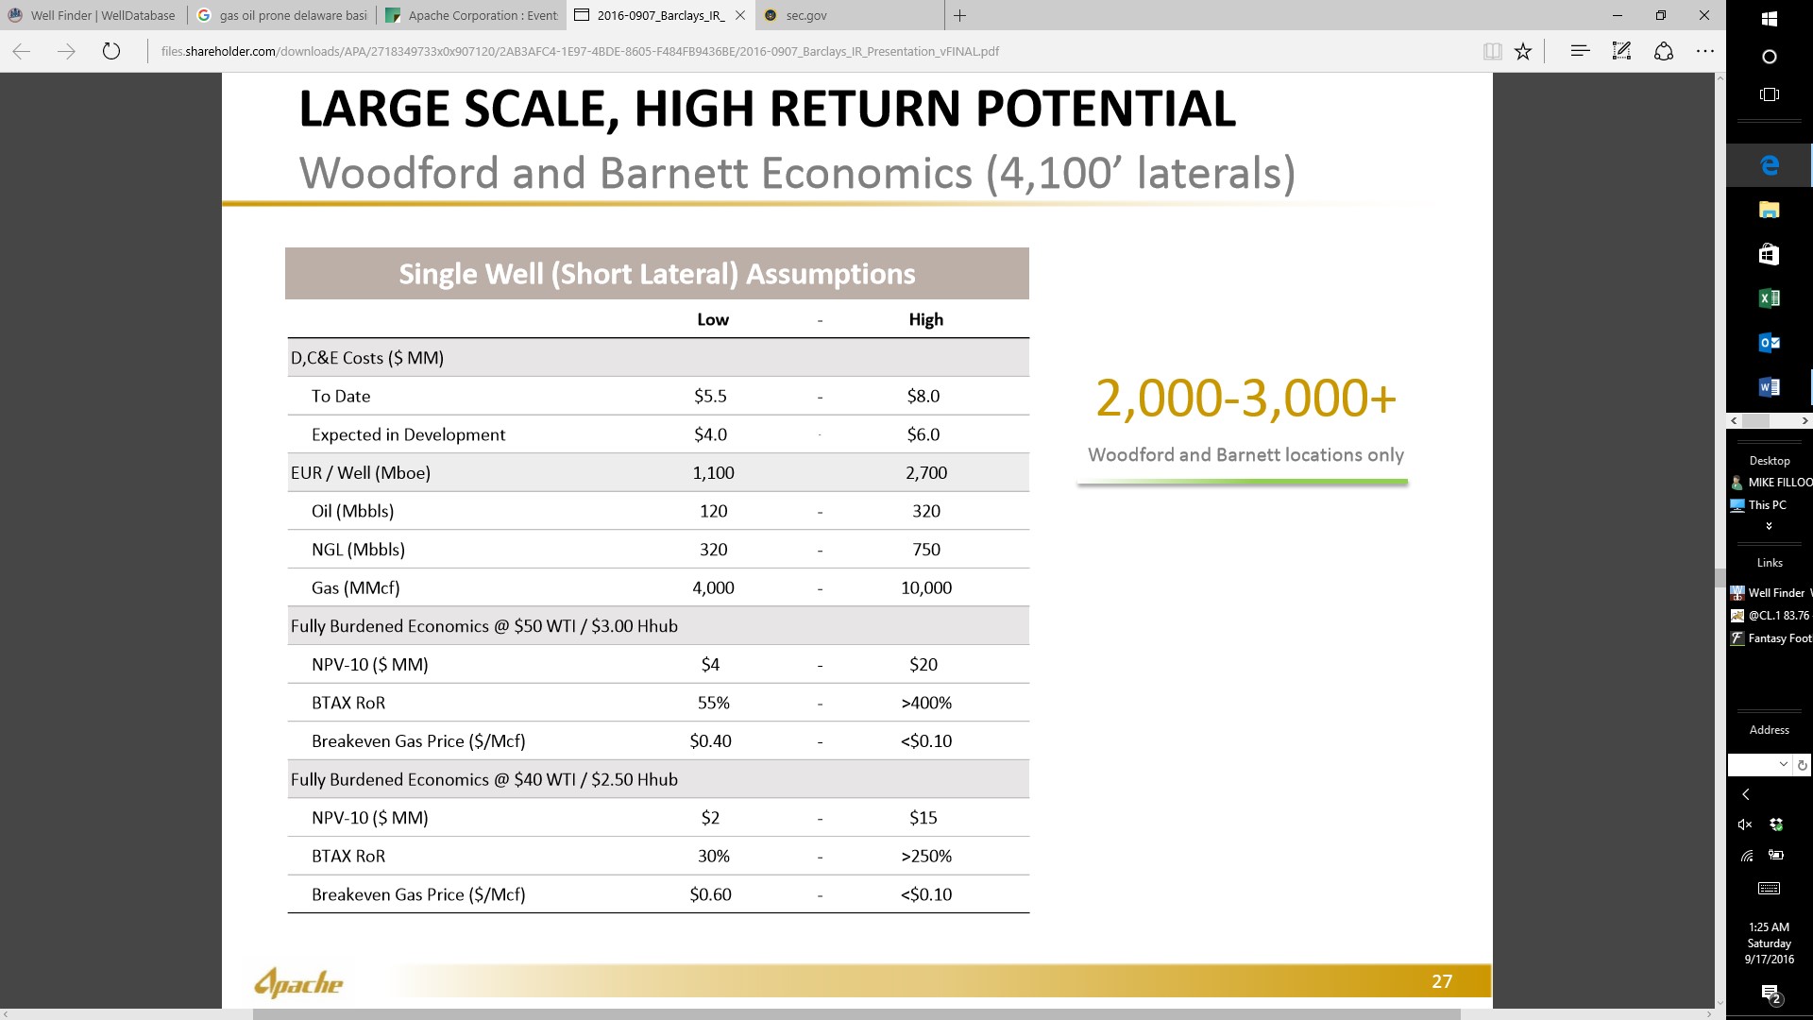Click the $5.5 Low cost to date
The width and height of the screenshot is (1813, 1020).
710,397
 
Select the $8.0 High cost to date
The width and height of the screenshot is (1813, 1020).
923,397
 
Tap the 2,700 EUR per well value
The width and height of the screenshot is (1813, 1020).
926,473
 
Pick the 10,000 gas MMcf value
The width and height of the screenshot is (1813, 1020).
926,588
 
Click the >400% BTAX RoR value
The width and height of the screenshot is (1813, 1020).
926,704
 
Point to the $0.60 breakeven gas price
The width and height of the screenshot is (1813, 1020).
710,895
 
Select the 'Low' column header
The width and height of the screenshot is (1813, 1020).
713,320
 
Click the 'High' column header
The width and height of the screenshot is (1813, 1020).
926,320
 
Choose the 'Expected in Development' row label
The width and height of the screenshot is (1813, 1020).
408,435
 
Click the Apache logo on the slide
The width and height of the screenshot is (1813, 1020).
298,983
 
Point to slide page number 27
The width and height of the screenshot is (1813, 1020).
1442,982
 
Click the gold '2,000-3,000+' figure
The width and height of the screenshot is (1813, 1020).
1245,398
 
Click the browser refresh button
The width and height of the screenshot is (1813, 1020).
111,51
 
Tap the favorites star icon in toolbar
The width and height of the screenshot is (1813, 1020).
1523,51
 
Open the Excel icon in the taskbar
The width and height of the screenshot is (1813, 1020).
1770,298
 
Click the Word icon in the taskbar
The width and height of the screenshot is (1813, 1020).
1770,387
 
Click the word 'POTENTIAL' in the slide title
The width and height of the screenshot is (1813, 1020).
1106,109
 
